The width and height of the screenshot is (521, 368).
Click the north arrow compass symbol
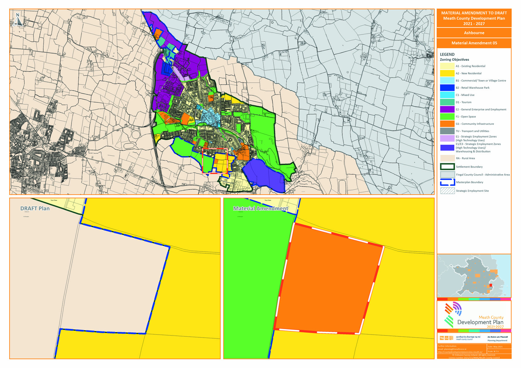click(x=18, y=20)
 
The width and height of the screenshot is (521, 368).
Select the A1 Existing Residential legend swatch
click(x=447, y=66)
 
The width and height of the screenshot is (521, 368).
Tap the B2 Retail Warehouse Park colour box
click(x=447, y=88)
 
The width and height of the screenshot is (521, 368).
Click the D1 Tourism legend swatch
click(x=447, y=102)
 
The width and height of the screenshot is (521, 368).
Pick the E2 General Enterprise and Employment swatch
click(x=447, y=109)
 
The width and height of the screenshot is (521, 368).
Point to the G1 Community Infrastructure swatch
click(x=447, y=124)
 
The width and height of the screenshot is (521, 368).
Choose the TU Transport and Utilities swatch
click(x=447, y=131)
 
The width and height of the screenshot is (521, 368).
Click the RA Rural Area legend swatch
click(x=447, y=158)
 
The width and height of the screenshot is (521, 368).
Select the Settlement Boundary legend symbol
click(x=447, y=167)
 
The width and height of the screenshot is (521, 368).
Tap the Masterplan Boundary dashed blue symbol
click(x=447, y=182)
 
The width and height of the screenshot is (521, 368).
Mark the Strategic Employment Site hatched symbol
click(x=447, y=191)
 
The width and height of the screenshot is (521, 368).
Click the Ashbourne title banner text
click(x=474, y=33)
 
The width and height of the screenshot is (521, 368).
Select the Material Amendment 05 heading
click(x=474, y=43)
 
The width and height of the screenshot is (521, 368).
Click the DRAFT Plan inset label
click(x=35, y=209)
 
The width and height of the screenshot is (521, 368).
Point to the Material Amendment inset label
click(x=261, y=209)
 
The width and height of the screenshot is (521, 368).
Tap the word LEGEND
click(x=447, y=54)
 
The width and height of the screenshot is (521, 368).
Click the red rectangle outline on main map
click(x=215, y=149)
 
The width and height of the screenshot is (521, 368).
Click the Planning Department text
click(x=497, y=340)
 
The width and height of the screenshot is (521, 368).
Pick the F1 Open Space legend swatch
click(x=447, y=117)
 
